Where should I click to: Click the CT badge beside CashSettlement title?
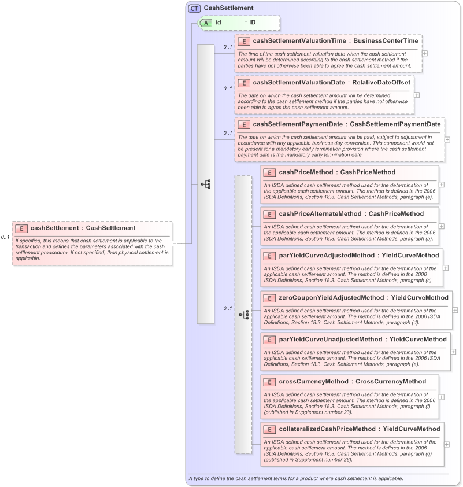click(x=194, y=8)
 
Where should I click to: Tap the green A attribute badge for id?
click(x=206, y=23)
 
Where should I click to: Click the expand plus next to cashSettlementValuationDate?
click(x=417, y=95)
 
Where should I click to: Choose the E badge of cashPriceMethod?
click(x=269, y=172)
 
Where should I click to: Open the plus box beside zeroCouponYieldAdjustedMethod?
click(x=455, y=310)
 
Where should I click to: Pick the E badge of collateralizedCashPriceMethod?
click(x=269, y=429)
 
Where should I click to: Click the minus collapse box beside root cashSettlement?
click(x=174, y=243)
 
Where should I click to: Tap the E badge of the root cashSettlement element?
click(x=21, y=228)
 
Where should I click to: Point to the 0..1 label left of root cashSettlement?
click(x=5, y=237)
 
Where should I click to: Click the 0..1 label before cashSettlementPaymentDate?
click(x=228, y=134)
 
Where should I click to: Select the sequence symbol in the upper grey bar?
click(x=206, y=184)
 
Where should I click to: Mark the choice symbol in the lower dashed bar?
click(x=243, y=315)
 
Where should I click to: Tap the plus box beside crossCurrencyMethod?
click(x=442, y=397)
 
